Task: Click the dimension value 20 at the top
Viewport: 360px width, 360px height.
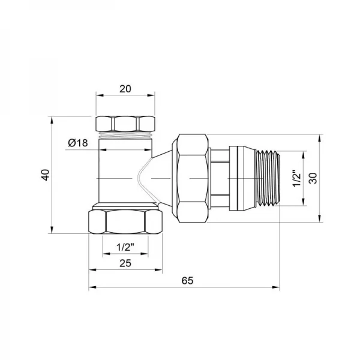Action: pyautogui.click(x=125, y=88)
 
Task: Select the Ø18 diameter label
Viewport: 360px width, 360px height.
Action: pyautogui.click(x=79, y=142)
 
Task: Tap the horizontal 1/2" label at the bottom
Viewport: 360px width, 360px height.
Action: pyautogui.click(x=124, y=247)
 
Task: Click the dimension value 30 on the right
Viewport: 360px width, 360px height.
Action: pyautogui.click(x=313, y=178)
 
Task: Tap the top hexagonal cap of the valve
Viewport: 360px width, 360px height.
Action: pyautogui.click(x=125, y=122)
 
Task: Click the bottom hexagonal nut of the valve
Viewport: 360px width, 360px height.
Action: pyautogui.click(x=125, y=221)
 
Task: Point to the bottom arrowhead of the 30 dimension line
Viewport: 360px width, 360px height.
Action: pyautogui.click(x=321, y=220)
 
